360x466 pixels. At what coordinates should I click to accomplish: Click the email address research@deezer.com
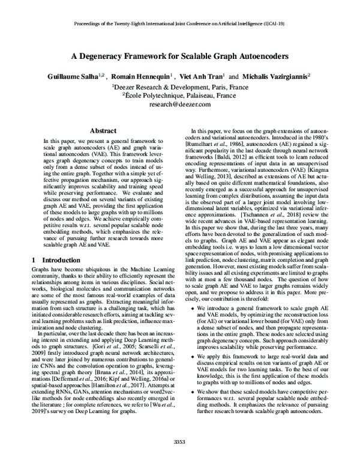pyautogui.click(x=179, y=104)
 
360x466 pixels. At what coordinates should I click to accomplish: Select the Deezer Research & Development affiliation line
pyautogui.click(x=180, y=86)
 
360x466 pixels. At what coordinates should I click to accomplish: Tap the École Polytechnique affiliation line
pyautogui.click(x=180, y=95)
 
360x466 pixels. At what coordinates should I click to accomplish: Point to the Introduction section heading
pyautogui.click(x=59, y=260)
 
